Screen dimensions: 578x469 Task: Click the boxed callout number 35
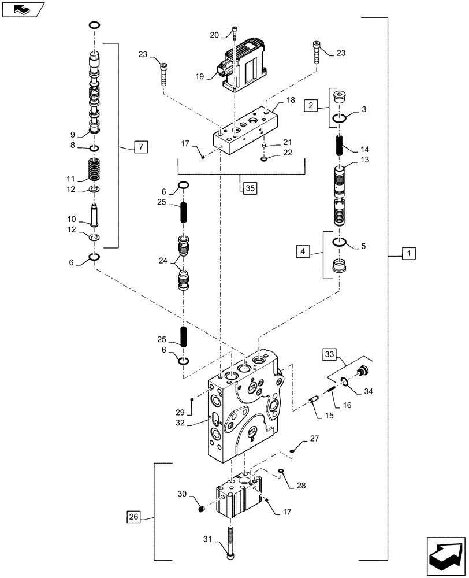coord(248,187)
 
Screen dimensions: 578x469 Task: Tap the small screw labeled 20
coord(234,38)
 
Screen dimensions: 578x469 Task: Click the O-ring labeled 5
coord(340,242)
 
